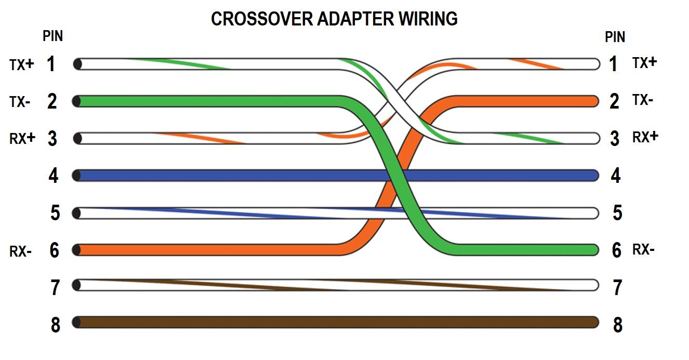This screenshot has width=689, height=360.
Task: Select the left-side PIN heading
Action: [x=52, y=36]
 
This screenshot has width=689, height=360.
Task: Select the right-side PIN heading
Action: [x=615, y=37]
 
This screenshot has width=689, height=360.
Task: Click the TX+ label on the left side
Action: [x=21, y=64]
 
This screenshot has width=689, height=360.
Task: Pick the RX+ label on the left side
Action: [x=22, y=138]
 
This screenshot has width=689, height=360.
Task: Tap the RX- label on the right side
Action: [x=643, y=250]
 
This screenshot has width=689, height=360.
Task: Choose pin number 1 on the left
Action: [x=51, y=64]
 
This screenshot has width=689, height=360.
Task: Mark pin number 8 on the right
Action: [x=617, y=325]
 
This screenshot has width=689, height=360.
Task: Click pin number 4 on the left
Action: [x=53, y=176]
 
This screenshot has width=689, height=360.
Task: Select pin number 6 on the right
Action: [x=616, y=250]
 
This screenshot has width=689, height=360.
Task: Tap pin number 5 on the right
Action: [x=617, y=213]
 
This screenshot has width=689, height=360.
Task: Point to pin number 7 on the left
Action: [x=55, y=288]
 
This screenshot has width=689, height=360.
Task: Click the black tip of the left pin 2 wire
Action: [x=77, y=101]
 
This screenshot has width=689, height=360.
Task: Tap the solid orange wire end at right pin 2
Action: [x=572, y=101]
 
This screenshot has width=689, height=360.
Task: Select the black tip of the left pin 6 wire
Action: [x=77, y=250]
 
